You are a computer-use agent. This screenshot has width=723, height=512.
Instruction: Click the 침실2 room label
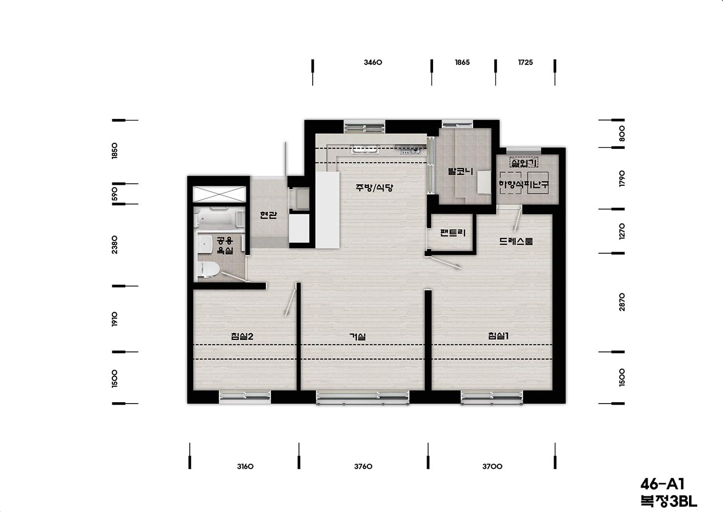[242, 336]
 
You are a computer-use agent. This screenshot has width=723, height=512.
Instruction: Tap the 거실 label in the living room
[358, 337]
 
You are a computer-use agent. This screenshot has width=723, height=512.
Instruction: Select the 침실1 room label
[498, 336]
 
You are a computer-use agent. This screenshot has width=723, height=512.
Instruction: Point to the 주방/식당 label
[374, 187]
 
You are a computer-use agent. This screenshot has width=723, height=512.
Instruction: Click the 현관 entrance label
[269, 215]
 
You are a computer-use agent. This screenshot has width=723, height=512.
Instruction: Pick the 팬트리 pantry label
[453, 232]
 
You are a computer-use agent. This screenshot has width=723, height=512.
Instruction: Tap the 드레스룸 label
[516, 241]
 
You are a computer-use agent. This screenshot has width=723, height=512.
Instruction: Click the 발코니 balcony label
[460, 171]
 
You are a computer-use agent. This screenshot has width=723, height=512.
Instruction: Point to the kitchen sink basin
[361, 149]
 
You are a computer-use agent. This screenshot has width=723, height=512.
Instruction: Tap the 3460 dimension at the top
[373, 62]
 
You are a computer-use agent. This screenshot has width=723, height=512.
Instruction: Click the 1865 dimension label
[462, 62]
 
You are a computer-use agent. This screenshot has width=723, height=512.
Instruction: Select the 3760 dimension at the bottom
[363, 466]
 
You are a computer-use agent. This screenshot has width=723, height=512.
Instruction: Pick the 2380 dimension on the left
[114, 245]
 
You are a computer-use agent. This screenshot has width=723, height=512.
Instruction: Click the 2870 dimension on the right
[622, 302]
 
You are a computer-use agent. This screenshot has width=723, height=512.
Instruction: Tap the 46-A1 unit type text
[662, 484]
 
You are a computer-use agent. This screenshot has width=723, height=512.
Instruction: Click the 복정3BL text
[669, 501]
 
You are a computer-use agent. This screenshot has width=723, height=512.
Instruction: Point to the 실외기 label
[524, 163]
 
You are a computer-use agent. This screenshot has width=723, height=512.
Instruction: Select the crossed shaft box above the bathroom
[220, 194]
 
